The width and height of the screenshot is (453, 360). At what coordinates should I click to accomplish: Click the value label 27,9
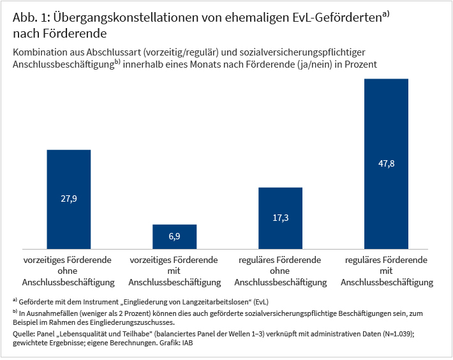point(68,199)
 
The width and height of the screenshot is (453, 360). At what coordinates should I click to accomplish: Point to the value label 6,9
point(174,237)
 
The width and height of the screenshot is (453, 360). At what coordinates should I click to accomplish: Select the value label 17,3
point(280,218)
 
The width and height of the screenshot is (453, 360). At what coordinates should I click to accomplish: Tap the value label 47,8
point(386,164)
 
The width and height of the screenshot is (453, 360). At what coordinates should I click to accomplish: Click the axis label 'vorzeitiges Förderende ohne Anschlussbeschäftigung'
point(68,271)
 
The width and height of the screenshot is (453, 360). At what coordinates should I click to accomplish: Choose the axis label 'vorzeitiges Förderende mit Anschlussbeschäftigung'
point(174,271)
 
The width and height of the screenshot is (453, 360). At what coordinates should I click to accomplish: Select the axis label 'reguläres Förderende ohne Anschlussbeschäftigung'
point(280,271)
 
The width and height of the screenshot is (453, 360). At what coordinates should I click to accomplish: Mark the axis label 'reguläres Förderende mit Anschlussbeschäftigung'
point(386,271)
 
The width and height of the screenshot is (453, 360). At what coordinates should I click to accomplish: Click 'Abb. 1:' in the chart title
point(28,19)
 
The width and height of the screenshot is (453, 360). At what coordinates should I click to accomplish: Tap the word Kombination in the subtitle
point(38,52)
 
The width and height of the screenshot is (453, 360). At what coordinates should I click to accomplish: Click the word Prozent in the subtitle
point(361,64)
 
